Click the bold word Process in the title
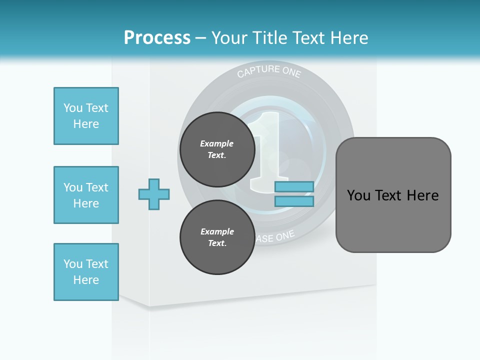[x=157, y=38]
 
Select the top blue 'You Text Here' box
[x=86, y=116]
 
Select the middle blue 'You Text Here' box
[x=86, y=195]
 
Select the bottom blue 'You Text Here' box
[x=86, y=271]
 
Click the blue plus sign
[x=154, y=194]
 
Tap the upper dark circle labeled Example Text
[x=217, y=149]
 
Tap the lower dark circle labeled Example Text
[x=217, y=237]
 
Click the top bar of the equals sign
[x=294, y=186]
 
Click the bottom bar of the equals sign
[x=294, y=201]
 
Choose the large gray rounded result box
[x=393, y=194]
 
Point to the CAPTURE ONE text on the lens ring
[x=269, y=71]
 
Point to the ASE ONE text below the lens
[x=275, y=237]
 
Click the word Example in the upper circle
[x=217, y=143]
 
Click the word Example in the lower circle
[x=217, y=231]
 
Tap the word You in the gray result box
[x=358, y=195]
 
